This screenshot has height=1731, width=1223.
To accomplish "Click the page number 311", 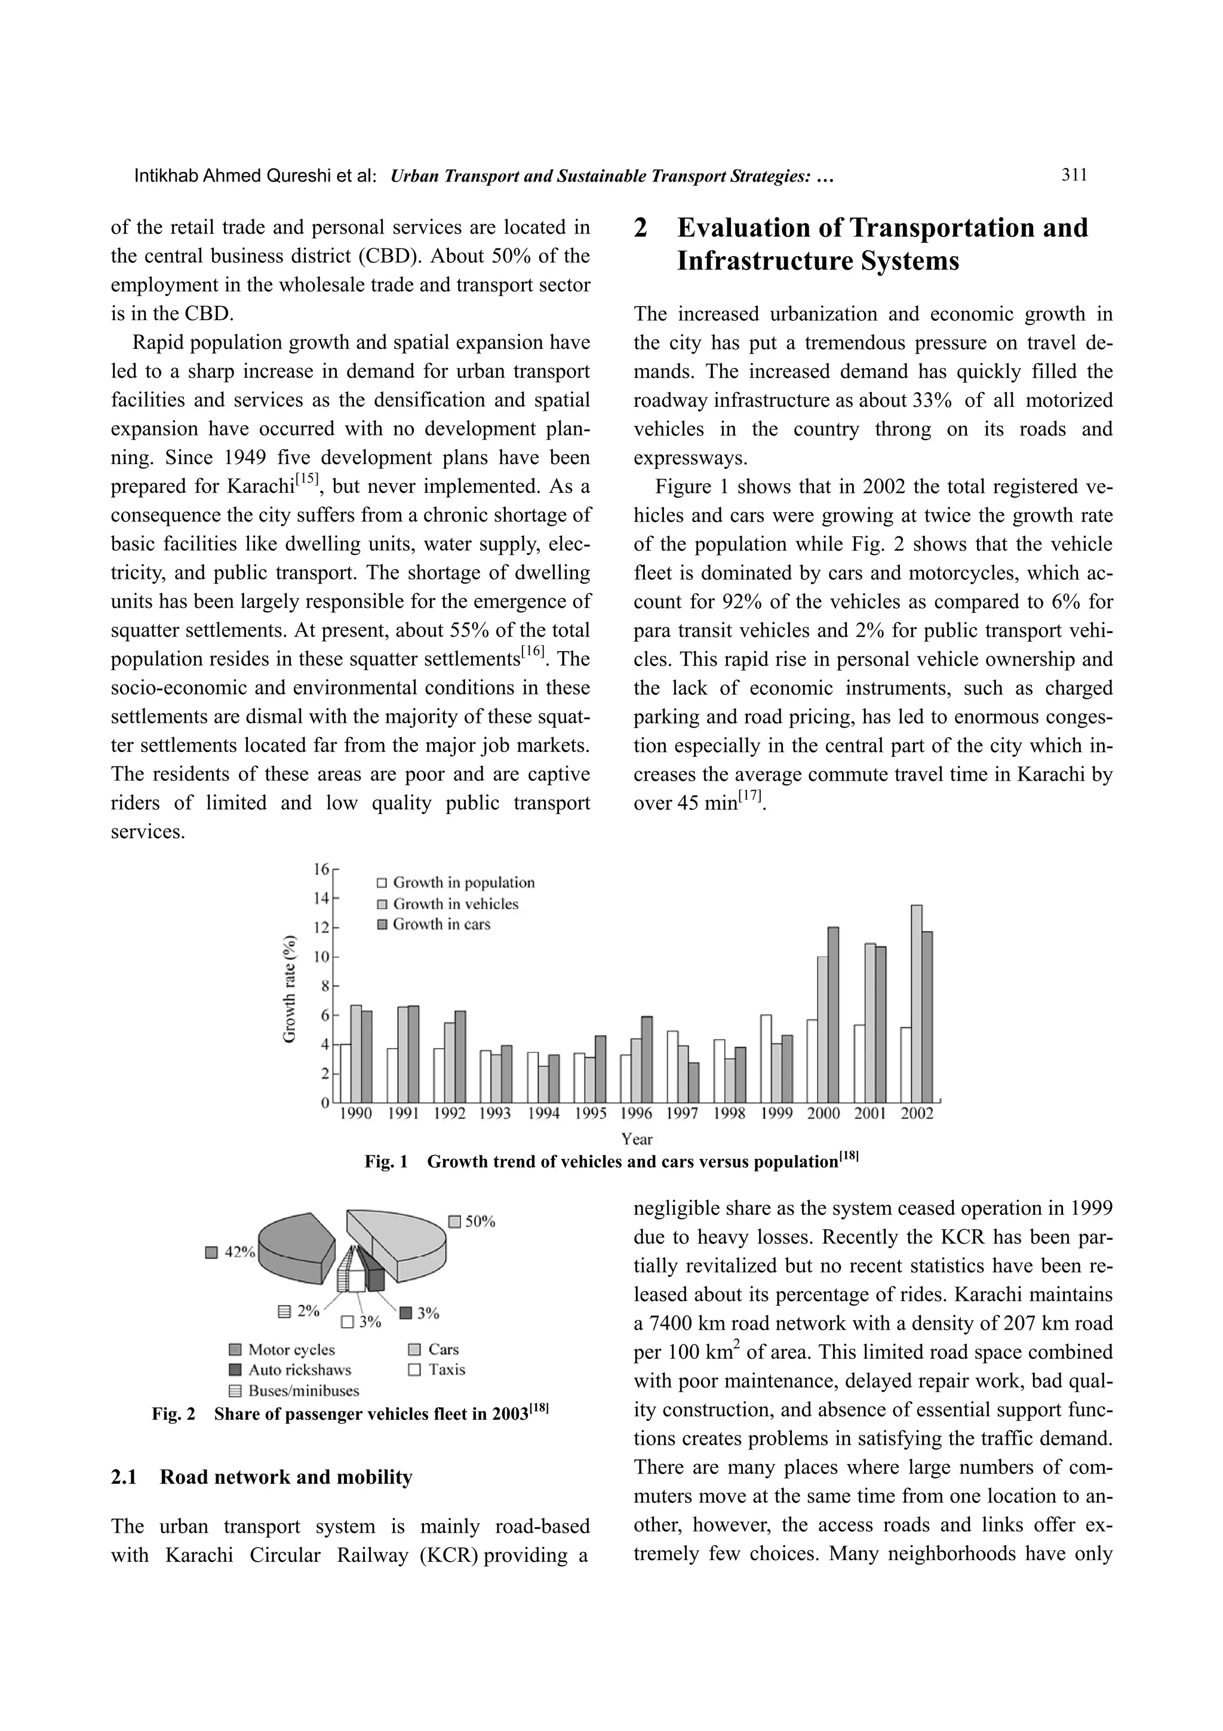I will [x=1074, y=176].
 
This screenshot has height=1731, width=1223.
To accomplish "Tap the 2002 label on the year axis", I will [x=916, y=1113].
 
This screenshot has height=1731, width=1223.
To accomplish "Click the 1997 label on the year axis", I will [x=683, y=1113].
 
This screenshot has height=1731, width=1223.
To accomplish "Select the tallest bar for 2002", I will [x=916, y=1003].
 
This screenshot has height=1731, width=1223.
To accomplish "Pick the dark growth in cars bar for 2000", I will [x=832, y=1014].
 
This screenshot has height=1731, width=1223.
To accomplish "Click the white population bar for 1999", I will [x=766, y=1058].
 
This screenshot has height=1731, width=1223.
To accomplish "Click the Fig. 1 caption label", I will [x=386, y=1162].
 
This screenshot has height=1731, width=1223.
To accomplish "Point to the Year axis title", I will [x=637, y=1138].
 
